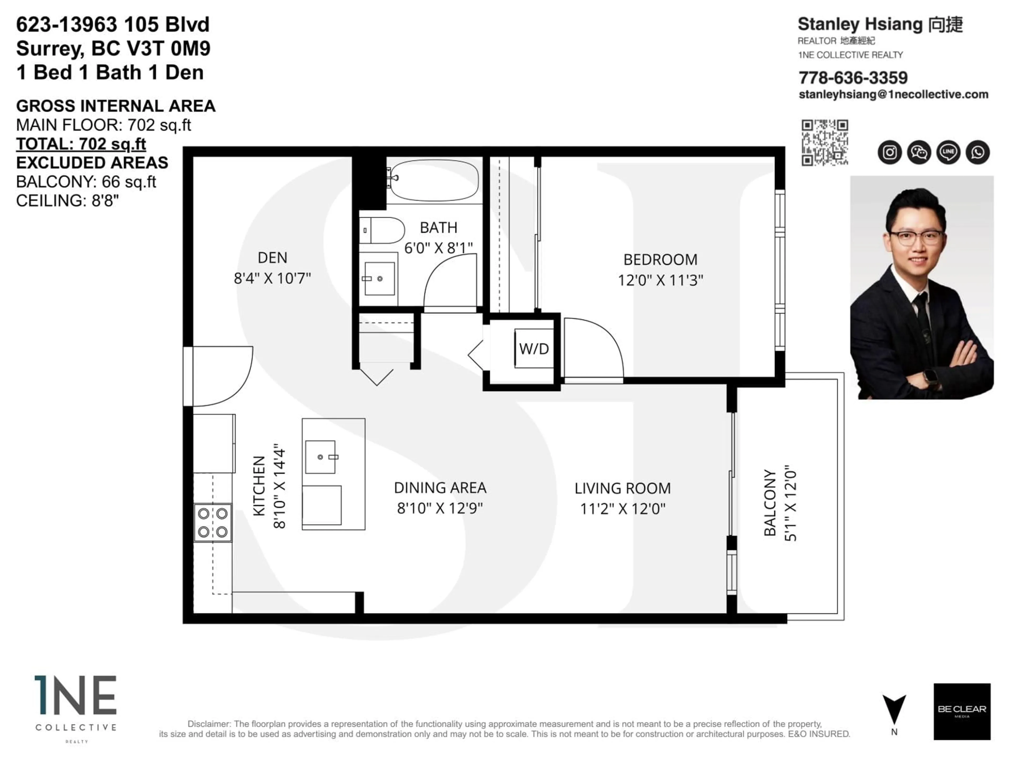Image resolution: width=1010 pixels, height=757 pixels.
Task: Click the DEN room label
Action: pos(272,258)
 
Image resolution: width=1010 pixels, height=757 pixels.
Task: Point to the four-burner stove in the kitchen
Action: pos(213,523)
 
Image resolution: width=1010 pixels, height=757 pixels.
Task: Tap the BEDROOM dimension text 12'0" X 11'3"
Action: pos(660,280)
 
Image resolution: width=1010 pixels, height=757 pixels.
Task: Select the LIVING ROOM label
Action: pos(622,488)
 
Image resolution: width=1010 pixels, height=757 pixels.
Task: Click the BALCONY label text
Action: pos(770,502)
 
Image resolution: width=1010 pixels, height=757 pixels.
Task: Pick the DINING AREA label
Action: pos(440,488)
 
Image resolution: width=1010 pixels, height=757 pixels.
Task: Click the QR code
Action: pos(825,142)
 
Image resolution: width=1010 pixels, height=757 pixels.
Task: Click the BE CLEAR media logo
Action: pos(962,711)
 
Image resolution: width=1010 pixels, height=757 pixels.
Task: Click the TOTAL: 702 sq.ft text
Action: pos(81,144)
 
